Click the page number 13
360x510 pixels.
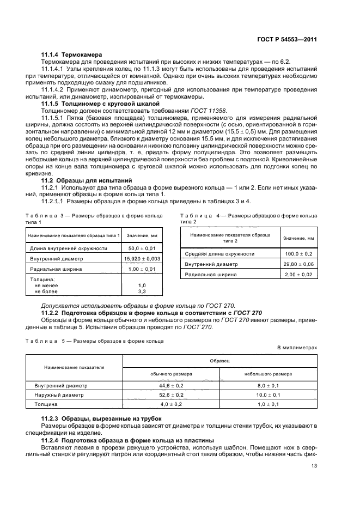click(x=314, y=465)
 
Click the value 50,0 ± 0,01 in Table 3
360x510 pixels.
click(x=142, y=248)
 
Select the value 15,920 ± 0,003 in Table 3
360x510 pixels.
click(x=142, y=258)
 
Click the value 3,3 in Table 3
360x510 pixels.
click(x=142, y=292)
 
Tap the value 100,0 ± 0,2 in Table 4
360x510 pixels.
click(x=298, y=254)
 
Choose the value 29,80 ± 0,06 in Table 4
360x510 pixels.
click(x=298, y=264)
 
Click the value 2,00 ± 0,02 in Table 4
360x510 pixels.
click(x=298, y=275)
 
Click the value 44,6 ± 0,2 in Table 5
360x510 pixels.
click(x=170, y=385)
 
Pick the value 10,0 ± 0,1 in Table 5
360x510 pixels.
click(x=267, y=395)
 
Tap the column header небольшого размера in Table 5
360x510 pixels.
click(x=267, y=374)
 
